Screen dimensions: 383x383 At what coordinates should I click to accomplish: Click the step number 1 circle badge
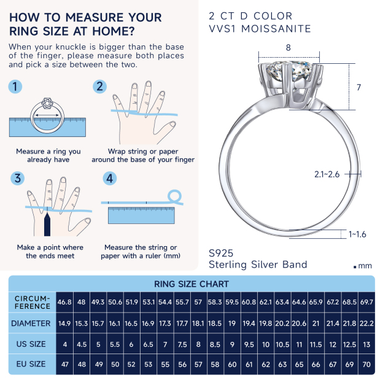(x=16, y=87)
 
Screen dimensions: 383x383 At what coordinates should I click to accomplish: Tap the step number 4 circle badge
(x=110, y=179)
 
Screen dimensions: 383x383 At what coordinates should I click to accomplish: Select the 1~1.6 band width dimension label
(x=357, y=234)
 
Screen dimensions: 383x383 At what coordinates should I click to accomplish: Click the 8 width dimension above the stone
(x=288, y=47)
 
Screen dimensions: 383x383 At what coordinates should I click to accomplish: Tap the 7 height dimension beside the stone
(x=358, y=88)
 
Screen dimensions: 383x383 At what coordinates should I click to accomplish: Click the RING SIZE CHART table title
(x=191, y=284)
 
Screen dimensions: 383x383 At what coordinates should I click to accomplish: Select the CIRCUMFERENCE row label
(x=33, y=302)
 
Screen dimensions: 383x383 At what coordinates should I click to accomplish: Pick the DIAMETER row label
(x=31, y=323)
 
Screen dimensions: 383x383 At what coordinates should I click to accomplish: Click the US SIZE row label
(x=31, y=344)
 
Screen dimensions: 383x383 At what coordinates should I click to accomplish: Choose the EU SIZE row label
(x=31, y=364)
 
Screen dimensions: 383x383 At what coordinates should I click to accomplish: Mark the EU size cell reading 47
(x=64, y=365)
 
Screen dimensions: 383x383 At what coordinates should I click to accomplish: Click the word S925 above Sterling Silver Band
(x=222, y=252)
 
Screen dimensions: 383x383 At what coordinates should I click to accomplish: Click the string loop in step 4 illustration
(x=176, y=196)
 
